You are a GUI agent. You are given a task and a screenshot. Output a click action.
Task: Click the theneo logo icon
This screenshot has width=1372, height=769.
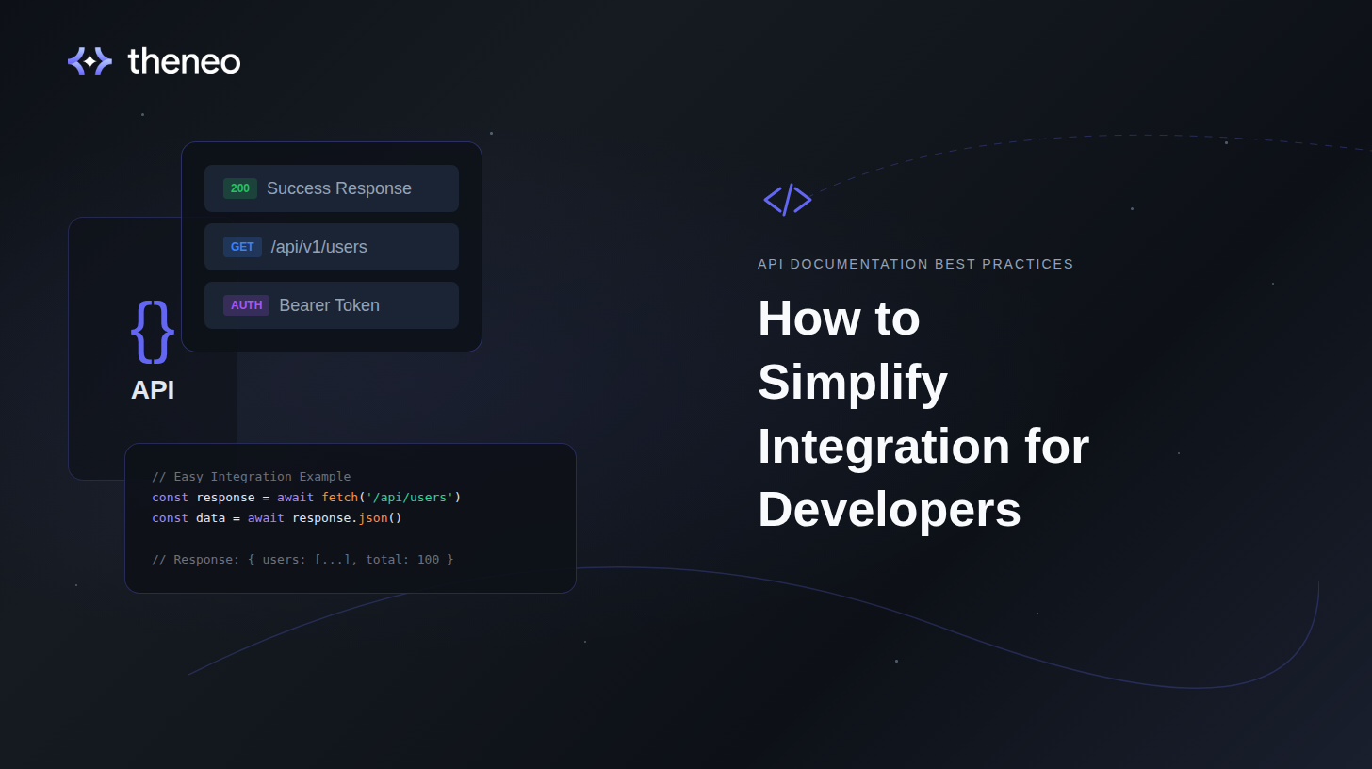90,61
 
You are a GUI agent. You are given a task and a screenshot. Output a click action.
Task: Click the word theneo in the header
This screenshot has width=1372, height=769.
184,61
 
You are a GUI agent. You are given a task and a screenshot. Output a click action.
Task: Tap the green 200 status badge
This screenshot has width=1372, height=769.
240,188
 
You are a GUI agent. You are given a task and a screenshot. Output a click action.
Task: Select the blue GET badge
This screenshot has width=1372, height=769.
242,247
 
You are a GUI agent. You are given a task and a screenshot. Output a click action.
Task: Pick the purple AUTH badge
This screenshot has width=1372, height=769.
246,305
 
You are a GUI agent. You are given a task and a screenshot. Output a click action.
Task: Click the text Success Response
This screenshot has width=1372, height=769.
339,188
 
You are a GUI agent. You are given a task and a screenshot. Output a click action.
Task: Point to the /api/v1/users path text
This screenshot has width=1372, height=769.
318,247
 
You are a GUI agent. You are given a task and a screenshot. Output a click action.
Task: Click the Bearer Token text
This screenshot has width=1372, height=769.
329,305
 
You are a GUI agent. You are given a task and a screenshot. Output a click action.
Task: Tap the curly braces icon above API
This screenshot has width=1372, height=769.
153,331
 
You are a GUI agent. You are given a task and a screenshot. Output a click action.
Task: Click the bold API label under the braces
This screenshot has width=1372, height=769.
153,389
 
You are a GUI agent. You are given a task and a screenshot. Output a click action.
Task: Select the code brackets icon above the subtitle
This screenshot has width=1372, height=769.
787,200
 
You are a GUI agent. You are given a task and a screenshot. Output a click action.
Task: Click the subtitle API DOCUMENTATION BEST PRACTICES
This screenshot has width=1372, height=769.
915,264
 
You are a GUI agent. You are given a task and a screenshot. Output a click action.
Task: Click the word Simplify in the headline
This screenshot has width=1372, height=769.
852,382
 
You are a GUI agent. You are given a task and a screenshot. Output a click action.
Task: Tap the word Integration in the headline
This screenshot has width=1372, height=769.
884,446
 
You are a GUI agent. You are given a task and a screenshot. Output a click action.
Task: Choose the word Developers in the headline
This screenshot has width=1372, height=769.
889,510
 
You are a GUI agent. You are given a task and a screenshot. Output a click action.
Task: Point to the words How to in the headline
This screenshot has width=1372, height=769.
838,318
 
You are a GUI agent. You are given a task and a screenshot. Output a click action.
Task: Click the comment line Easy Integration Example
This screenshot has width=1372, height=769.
251,477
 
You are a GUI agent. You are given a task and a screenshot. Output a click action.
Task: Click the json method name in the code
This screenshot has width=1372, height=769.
373,518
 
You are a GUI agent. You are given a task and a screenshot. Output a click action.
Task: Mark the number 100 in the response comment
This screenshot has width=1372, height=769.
428,560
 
